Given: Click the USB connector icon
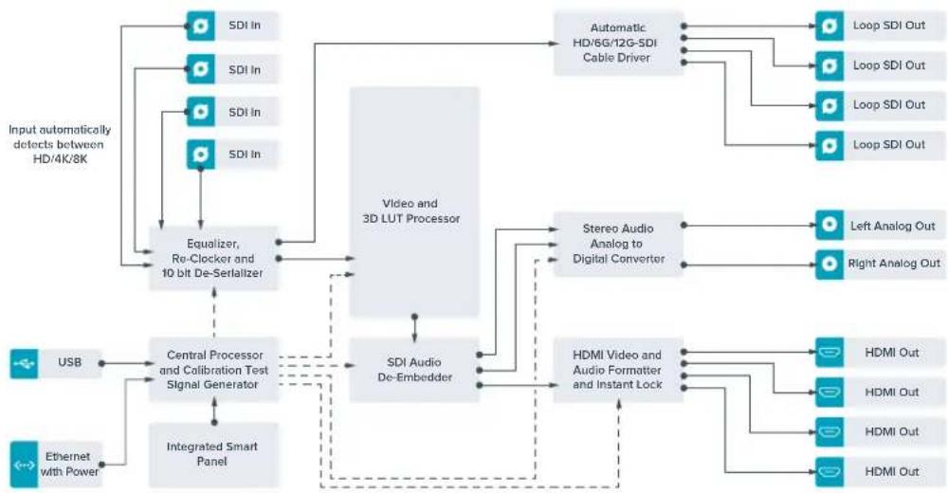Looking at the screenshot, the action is click(x=25, y=363).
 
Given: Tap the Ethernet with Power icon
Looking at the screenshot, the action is click(x=25, y=465).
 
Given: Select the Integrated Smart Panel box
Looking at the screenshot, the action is click(x=213, y=455).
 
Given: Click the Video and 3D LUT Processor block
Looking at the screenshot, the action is click(x=414, y=202).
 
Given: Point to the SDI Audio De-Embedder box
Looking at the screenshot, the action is click(x=414, y=370).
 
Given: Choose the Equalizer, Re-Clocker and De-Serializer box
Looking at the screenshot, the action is click(x=213, y=258).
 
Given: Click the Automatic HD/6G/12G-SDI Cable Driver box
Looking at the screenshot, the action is click(x=618, y=43).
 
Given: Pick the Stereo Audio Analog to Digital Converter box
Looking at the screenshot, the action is click(x=618, y=244).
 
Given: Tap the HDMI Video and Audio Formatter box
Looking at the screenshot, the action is click(x=618, y=370).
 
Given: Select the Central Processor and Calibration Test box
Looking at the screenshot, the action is click(x=213, y=370).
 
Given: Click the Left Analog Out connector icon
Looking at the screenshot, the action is click(x=829, y=226).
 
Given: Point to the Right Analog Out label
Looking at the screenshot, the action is click(x=894, y=264).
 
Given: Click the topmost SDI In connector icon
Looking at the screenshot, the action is click(x=200, y=26).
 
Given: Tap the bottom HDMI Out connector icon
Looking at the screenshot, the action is click(x=829, y=472).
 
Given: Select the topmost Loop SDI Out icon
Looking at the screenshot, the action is click(x=829, y=26).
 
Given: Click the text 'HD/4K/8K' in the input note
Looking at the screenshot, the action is click(x=60, y=159).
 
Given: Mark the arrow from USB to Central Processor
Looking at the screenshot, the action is click(x=128, y=363).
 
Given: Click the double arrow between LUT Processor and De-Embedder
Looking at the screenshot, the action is click(x=414, y=328).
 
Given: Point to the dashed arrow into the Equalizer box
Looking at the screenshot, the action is click(x=213, y=313).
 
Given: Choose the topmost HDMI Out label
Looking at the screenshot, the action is click(x=892, y=353).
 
